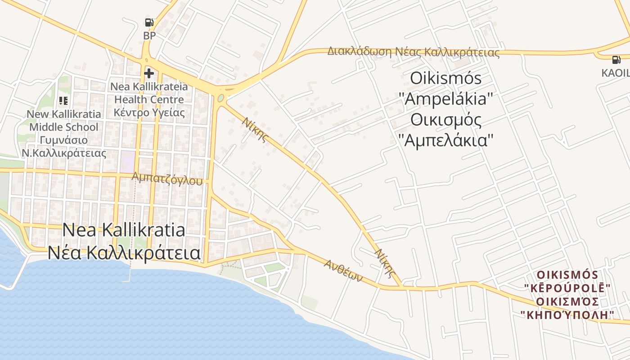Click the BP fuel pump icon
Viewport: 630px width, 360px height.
[x=149, y=22]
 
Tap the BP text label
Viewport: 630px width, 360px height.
[x=149, y=36]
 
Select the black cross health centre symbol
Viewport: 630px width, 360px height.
[x=149, y=73]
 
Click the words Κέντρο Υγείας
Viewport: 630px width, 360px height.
[x=149, y=112]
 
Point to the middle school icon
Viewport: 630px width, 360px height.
[x=63, y=101]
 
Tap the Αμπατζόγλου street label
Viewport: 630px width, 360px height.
[x=167, y=179]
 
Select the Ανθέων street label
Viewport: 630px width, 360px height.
[x=343, y=270]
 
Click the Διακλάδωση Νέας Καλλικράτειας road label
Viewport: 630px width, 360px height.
[x=413, y=52]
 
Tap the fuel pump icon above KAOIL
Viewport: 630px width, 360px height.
[x=616, y=59]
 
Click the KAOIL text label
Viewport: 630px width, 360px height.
[x=616, y=73]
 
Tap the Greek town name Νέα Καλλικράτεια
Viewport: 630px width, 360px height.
[x=124, y=253]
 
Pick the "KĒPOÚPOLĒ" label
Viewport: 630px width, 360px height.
[x=567, y=288]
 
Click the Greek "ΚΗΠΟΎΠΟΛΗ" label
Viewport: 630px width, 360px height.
[x=567, y=314]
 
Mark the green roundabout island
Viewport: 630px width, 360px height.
[x=220, y=98]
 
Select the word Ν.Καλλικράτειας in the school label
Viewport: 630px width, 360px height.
[x=64, y=153]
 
